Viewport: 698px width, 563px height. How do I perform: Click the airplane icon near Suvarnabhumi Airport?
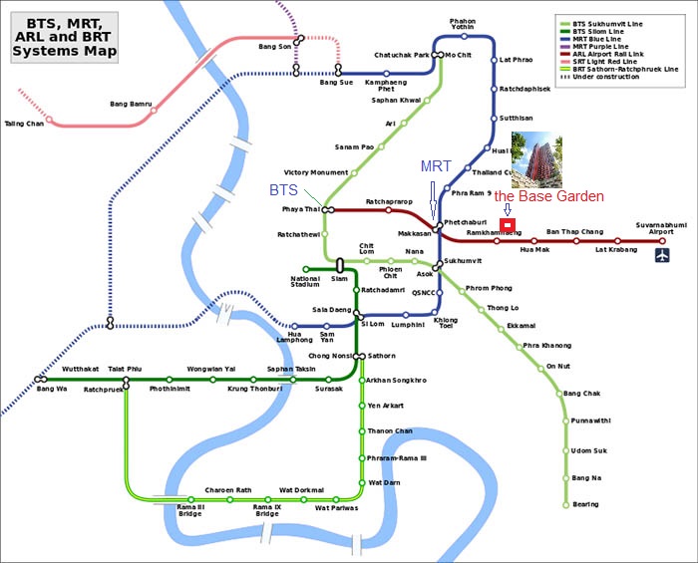click(663, 256)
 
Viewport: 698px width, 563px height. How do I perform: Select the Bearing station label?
click(586, 504)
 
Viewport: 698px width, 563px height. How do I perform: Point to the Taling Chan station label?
click(25, 124)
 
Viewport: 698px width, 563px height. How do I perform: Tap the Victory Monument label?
click(316, 172)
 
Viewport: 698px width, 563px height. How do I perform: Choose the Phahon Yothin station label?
click(463, 23)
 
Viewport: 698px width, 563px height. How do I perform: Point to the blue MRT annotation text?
click(436, 165)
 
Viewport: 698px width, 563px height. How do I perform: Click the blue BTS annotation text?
click(283, 189)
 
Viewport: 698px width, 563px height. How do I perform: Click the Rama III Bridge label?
click(189, 510)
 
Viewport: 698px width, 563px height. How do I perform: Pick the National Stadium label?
click(305, 282)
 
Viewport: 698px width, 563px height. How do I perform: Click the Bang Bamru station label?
click(131, 104)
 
